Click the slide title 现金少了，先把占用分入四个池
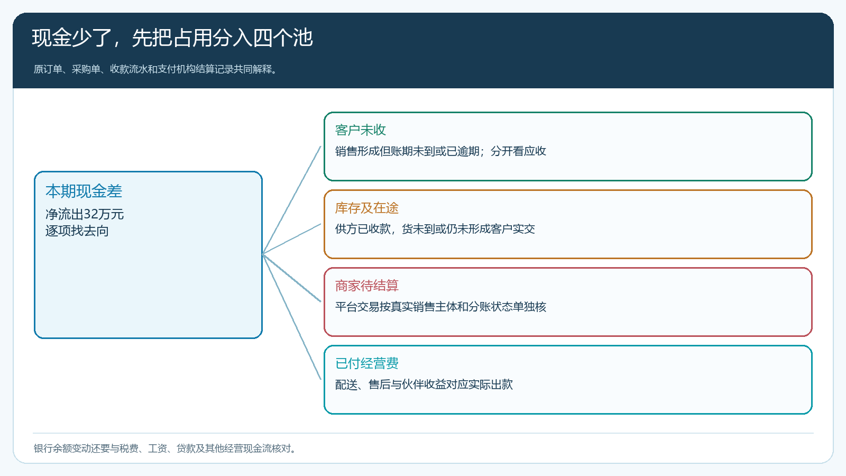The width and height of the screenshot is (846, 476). pos(172,38)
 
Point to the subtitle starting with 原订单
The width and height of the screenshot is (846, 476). pos(155,69)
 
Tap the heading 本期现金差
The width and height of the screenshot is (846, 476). pos(84,191)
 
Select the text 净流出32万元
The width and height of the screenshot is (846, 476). pos(85,214)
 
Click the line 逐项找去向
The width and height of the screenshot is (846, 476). pos(77,231)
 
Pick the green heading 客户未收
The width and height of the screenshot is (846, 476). pos(360,130)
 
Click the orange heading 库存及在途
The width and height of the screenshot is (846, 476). pos(367,208)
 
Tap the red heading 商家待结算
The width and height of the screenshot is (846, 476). pos(367,286)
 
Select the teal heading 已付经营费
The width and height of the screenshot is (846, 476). pos(367,363)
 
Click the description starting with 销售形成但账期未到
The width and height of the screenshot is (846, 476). pos(440,151)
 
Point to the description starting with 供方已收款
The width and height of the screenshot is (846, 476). pos(435,229)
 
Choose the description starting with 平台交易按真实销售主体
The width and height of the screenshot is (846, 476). pos(440,307)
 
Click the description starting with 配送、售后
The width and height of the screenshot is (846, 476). pos(424,385)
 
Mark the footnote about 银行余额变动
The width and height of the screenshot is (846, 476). pos(164,448)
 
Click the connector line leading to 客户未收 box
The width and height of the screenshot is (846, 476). pos(291,200)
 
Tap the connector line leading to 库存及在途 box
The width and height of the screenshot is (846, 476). pos(291,239)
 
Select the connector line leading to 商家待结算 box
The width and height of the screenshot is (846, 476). pos(291,278)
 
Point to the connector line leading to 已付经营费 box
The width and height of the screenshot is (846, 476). pos(291,317)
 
